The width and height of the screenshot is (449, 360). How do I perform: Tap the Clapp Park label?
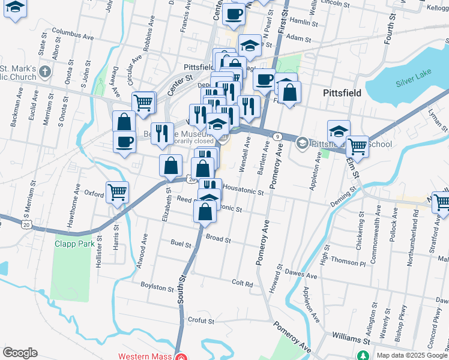pos(74,244)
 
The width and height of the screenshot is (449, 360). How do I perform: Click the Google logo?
pos(20,353)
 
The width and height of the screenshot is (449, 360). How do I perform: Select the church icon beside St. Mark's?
pos(45,73)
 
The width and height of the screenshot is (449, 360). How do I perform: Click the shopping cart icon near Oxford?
pos(117,192)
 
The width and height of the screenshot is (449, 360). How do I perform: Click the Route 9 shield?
pos(277,137)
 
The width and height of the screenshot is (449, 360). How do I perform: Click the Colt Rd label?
pos(243,283)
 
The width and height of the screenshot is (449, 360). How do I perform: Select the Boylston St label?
pos(157,287)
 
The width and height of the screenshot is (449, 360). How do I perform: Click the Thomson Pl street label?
pos(348,262)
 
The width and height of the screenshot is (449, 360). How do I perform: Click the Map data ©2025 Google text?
pos(411,355)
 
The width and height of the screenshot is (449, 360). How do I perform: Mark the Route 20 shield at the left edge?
pos(26,224)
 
